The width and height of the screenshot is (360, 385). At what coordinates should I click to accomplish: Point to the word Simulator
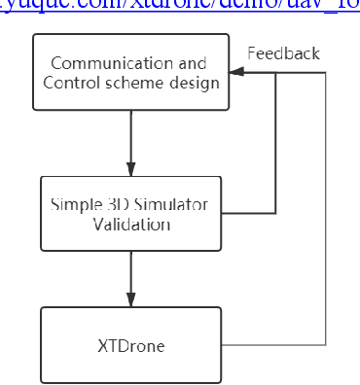point(163,204)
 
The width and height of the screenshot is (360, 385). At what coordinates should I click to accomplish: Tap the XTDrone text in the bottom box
point(131,345)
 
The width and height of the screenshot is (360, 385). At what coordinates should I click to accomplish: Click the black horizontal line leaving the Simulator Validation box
point(249,212)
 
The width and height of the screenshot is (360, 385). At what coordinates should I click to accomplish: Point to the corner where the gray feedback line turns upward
point(325,345)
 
